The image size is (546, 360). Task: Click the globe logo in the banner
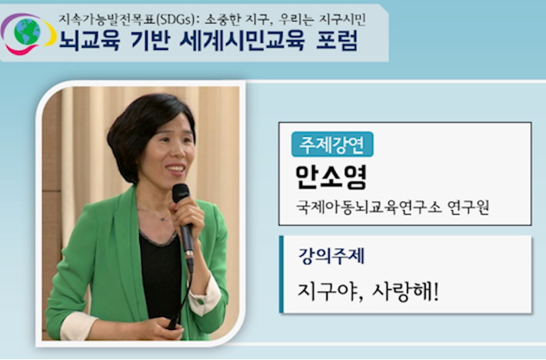[27, 33]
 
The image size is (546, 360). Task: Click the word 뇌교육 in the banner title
[89, 41]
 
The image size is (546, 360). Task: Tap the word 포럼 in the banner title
[337, 41]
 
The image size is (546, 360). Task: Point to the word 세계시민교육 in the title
[242, 41]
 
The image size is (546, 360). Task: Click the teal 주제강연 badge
[332, 144]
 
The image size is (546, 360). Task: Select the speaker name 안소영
[331, 177]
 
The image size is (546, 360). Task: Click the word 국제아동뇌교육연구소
[369, 207]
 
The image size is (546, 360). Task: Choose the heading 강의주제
[331, 256]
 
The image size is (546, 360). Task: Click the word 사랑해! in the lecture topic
[405, 291]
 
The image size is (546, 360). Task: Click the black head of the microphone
[181, 192]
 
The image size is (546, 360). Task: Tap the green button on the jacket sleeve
[200, 300]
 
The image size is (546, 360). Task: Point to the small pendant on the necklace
[161, 218]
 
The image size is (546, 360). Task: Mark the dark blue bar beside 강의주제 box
[281, 275]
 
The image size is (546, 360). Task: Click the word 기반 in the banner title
[150, 41]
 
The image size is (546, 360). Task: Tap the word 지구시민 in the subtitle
[342, 20]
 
